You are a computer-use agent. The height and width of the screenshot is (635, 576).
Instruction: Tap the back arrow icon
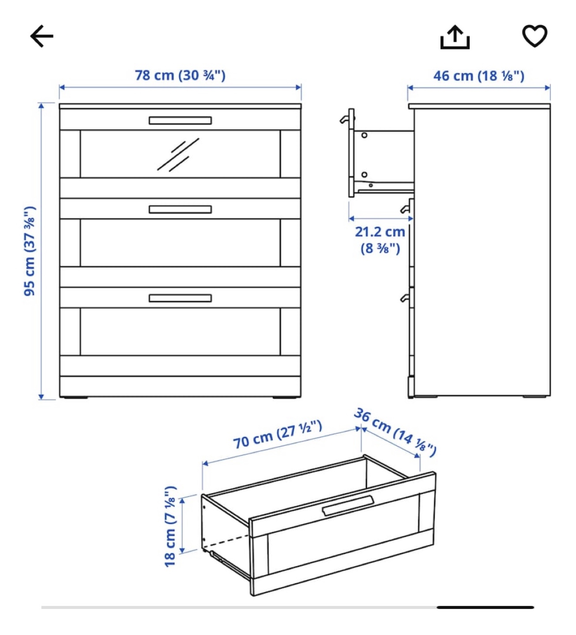41,36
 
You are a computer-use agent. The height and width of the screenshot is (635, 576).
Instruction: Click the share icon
455,37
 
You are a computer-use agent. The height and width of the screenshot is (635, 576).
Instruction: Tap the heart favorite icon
535,35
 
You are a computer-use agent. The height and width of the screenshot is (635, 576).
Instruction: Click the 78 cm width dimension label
180,76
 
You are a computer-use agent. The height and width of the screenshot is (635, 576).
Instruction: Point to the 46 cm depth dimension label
479,76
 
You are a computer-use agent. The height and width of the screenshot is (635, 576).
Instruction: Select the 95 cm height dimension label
30,251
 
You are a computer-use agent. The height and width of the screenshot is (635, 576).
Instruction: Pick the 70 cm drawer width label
278,435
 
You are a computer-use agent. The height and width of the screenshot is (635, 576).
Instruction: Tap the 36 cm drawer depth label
395,431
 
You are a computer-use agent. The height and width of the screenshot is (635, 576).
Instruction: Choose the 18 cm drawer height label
170,526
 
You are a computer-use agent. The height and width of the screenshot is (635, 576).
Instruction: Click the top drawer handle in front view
180,120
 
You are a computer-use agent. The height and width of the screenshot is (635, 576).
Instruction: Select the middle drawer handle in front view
180,209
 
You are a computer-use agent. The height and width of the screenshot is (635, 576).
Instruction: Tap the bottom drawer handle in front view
180,298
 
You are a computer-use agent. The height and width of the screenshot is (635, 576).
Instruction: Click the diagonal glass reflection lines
178,155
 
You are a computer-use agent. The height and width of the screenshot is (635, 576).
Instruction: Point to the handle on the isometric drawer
348,505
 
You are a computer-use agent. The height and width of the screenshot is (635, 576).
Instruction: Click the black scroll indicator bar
485,607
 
